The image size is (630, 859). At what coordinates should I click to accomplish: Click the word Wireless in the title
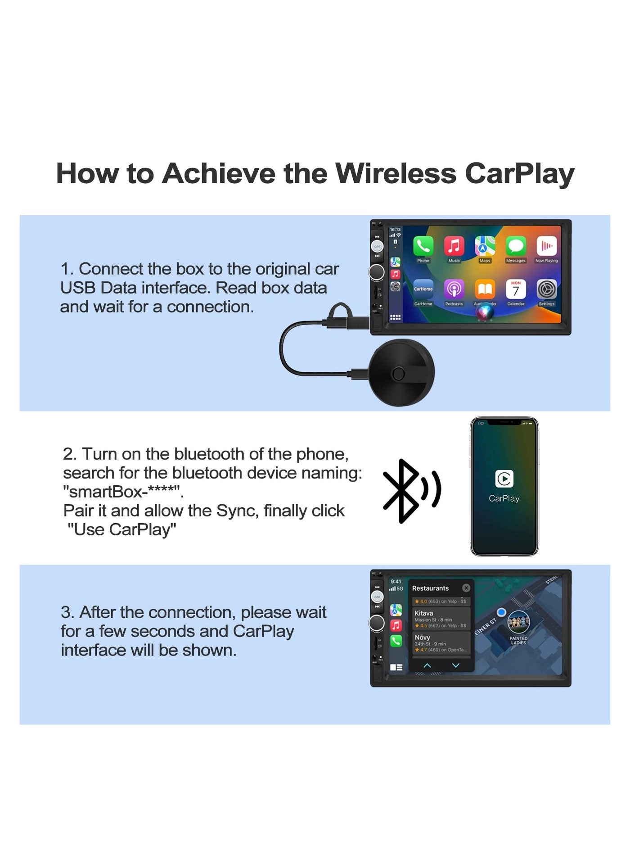[x=396, y=174]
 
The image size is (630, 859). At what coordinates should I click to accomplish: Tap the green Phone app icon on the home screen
[x=423, y=246]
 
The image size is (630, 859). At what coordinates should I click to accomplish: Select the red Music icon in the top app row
[x=454, y=246]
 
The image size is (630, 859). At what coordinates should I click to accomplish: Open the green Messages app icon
[x=516, y=246]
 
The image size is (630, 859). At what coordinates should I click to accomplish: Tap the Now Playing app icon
[x=546, y=246]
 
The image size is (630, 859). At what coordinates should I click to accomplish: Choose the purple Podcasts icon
[x=454, y=289]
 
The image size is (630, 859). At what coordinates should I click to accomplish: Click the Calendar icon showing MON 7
[x=516, y=289]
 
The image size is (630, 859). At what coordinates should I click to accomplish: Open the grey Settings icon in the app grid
[x=546, y=289]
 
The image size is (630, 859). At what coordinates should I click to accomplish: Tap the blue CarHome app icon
[x=423, y=289]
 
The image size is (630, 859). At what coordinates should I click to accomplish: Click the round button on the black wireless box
[x=398, y=374]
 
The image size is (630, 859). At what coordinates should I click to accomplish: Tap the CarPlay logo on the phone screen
[x=504, y=479]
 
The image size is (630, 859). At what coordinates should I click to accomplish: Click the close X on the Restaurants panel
[x=466, y=588]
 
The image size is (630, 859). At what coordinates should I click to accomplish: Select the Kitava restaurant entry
[x=441, y=619]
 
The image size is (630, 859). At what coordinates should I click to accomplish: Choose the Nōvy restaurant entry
[x=441, y=643]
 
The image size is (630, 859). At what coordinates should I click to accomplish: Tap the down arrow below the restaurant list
[x=455, y=665]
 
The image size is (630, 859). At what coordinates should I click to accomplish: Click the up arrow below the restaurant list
[x=427, y=665]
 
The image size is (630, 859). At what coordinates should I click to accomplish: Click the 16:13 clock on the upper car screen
[x=395, y=230]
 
